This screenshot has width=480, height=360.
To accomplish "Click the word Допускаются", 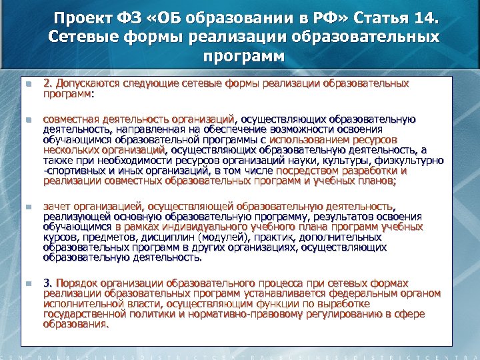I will pos(87,84).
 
